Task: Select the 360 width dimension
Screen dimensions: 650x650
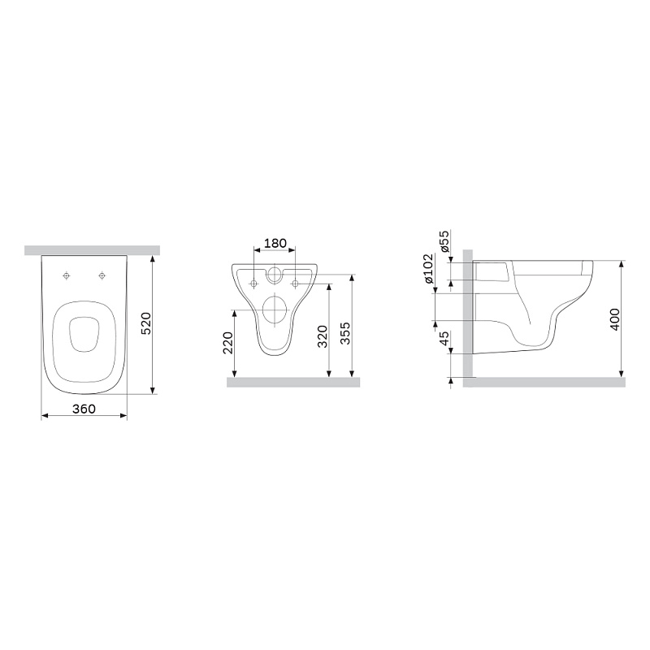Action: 84,409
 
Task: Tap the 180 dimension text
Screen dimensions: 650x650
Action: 275,243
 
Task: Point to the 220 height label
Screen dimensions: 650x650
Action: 227,342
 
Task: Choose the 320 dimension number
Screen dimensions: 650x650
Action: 322,336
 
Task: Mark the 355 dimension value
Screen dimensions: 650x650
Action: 344,333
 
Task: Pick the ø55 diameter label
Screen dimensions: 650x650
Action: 444,242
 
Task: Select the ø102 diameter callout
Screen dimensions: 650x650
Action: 428,268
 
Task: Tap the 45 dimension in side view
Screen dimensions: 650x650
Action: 444,338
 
